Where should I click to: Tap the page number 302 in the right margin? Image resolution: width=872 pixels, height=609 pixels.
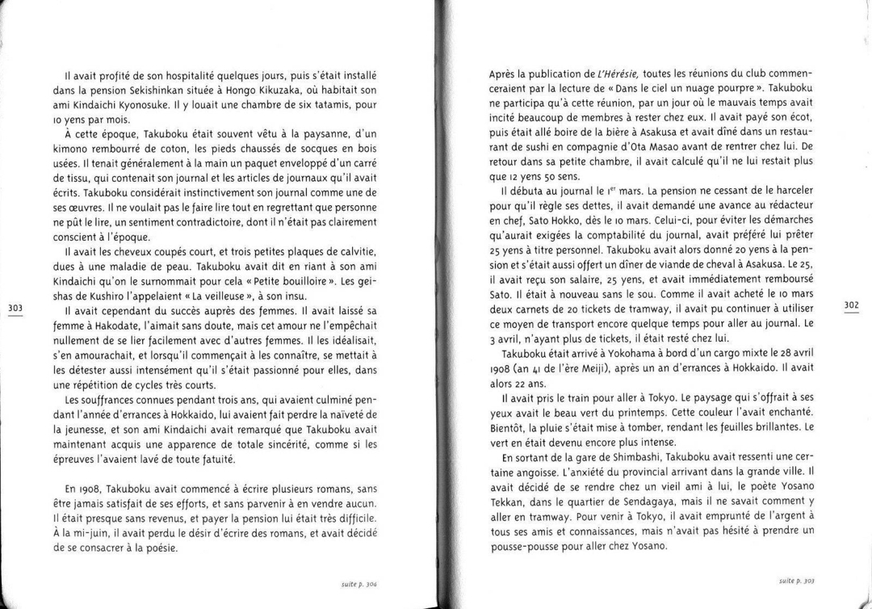click(x=850, y=307)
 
